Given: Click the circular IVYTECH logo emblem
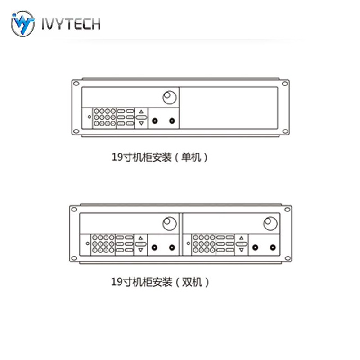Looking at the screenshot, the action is click(x=22, y=24).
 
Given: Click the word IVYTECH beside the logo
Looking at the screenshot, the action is click(x=70, y=24).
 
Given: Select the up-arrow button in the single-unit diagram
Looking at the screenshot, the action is click(x=141, y=111).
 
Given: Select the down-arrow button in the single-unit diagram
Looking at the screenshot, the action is click(x=141, y=123).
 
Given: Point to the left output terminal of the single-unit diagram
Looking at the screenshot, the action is click(x=155, y=121).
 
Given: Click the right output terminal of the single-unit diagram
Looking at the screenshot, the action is click(x=172, y=121).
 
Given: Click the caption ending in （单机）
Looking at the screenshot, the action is click(x=160, y=157).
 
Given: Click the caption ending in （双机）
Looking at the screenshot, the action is click(x=160, y=282).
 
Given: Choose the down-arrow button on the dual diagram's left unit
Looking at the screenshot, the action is click(x=141, y=249).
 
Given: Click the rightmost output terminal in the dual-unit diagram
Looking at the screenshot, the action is click(x=273, y=247).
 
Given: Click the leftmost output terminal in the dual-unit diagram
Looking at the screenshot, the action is click(x=155, y=247).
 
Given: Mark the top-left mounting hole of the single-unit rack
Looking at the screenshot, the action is click(x=76, y=84).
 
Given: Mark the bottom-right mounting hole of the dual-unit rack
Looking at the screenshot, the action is click(x=286, y=257).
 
